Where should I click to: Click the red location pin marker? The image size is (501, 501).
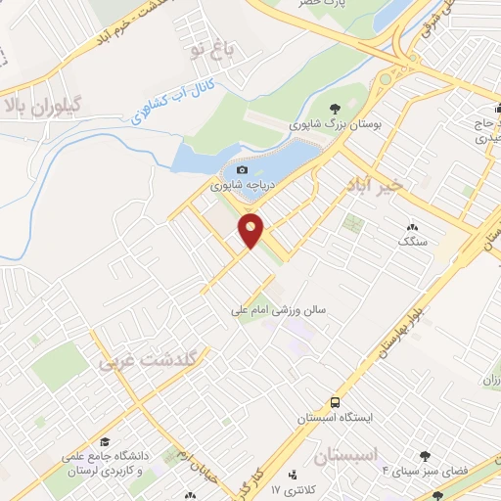point(251,229)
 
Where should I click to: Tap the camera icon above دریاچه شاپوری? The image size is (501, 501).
point(243,169)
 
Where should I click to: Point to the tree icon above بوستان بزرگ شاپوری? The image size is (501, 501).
point(336,109)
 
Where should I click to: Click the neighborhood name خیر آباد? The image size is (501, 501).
point(375,185)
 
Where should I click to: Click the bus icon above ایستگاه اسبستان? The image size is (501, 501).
point(336,402)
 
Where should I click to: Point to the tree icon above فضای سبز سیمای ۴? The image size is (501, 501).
point(425,456)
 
